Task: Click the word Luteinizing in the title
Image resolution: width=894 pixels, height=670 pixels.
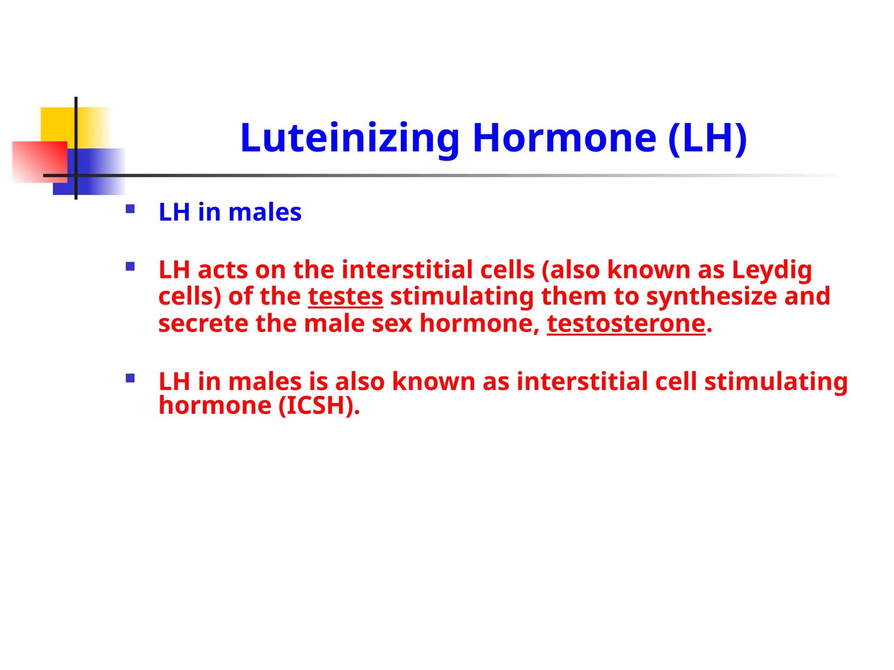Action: pyautogui.click(x=349, y=138)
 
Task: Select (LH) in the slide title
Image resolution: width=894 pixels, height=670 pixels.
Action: pyautogui.click(x=707, y=138)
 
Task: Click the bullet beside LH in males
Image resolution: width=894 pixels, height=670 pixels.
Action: pyautogui.click(x=130, y=209)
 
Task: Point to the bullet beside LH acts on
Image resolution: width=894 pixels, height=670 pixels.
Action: pyautogui.click(x=130, y=266)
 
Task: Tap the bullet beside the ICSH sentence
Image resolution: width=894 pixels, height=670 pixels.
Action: pyautogui.click(x=130, y=378)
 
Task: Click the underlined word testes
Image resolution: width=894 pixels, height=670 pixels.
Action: pyautogui.click(x=345, y=297)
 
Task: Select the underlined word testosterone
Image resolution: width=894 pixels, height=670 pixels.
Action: pyautogui.click(x=626, y=324)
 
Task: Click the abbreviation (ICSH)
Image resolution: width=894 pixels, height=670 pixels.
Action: pyautogui.click(x=319, y=406)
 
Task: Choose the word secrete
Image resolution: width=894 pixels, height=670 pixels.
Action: pyautogui.click(x=203, y=324)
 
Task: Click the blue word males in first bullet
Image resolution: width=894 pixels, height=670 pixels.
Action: pyautogui.click(x=265, y=212)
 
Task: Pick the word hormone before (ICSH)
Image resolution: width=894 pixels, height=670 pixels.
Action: pyautogui.click(x=215, y=406)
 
